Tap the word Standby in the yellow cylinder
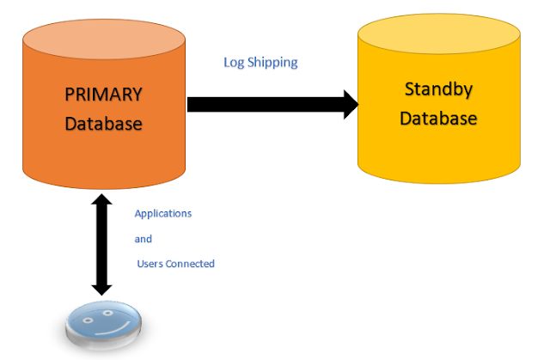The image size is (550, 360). [x=438, y=88]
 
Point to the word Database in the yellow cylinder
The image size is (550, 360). [x=438, y=118]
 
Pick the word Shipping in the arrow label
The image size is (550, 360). [x=273, y=64]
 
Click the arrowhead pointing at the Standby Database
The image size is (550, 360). [x=349, y=105]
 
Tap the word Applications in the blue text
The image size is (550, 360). [x=163, y=213]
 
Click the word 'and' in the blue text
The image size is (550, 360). [x=143, y=239]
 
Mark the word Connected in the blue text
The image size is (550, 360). [x=191, y=264]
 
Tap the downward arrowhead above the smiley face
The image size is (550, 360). [x=102, y=287]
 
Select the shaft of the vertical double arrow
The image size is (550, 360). [x=102, y=244]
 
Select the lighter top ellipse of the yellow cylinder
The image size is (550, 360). [x=438, y=35]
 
